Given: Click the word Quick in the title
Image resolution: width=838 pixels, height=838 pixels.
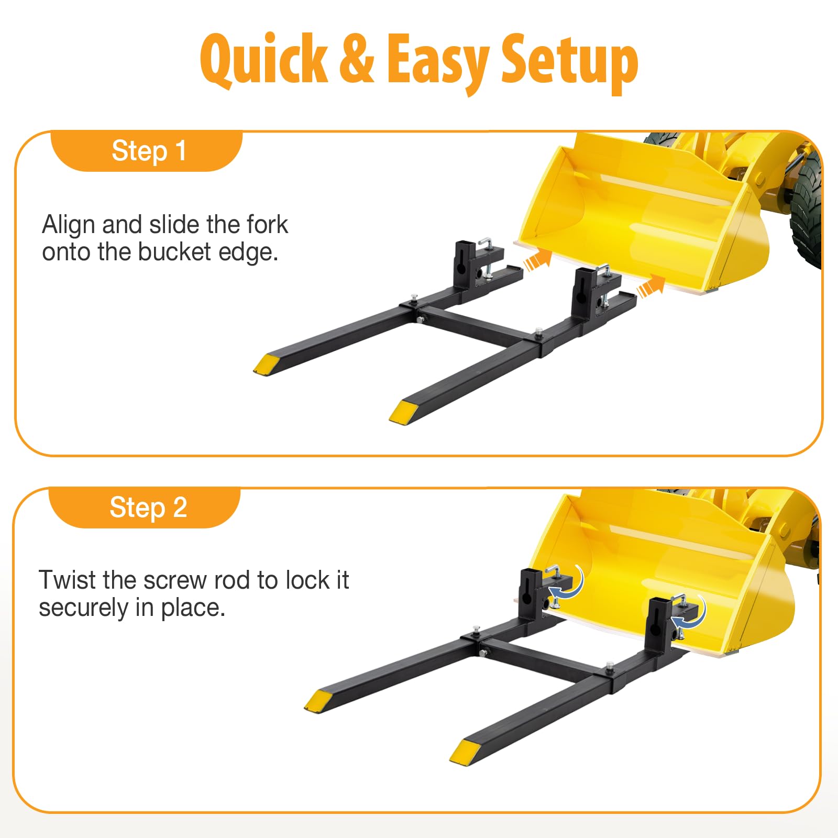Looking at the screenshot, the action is pos(264,60).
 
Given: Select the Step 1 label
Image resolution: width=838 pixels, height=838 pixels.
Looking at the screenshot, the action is pos(149,151).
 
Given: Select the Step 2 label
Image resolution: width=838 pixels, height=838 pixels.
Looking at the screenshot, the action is pos(148,508).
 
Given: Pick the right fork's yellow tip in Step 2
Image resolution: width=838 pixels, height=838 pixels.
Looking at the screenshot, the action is pos(465,751).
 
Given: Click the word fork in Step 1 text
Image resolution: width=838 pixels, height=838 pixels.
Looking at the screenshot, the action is pos(267,225).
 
